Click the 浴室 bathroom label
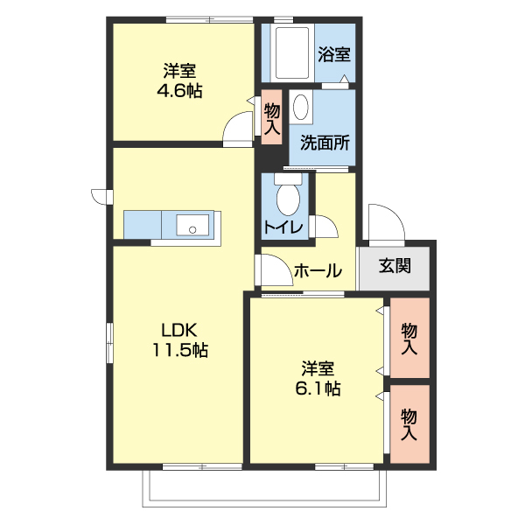(335, 54)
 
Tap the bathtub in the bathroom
(290, 54)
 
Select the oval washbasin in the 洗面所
(302, 108)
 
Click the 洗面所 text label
(325, 143)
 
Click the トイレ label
(283, 228)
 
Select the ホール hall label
(318, 271)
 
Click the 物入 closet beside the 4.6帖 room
(271, 119)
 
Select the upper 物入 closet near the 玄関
(409, 339)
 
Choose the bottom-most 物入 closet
(409, 423)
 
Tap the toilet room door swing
(325, 227)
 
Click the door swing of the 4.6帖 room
(237, 130)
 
